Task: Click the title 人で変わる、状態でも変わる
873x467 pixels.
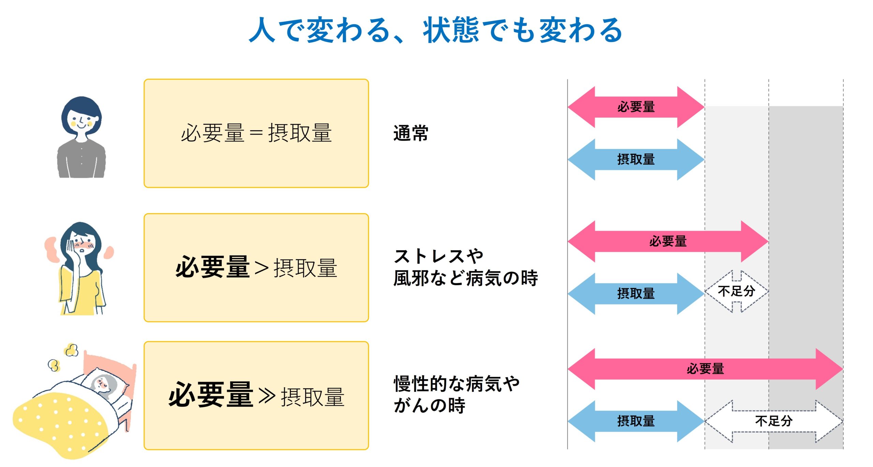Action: (x=436, y=30)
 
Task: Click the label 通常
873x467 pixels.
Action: (x=411, y=133)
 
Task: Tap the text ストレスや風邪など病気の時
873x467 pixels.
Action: (x=465, y=267)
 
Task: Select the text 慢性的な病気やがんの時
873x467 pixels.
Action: (x=457, y=394)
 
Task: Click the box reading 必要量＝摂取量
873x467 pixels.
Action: (x=256, y=133)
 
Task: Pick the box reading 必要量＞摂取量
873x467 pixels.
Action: (x=256, y=268)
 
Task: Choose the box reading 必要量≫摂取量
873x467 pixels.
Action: (x=256, y=395)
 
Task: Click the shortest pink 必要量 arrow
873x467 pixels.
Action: (x=636, y=107)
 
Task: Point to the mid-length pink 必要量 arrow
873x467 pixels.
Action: (x=668, y=241)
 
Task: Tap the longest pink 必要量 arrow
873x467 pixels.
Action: (x=705, y=369)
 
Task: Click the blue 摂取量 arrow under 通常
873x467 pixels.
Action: (x=636, y=159)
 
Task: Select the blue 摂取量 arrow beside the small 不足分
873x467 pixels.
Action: (x=636, y=293)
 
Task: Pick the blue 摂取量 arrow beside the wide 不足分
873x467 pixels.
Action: (x=636, y=421)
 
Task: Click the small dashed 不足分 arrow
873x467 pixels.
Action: (x=737, y=291)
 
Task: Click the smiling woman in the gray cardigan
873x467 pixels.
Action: (x=81, y=137)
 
